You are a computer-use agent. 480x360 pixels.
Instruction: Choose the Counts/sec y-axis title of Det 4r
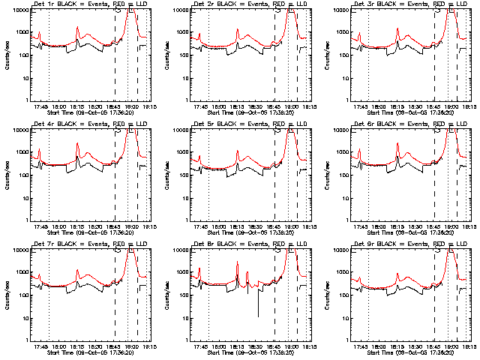point(7,174)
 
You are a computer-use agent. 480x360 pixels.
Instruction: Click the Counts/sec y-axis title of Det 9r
point(327,294)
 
